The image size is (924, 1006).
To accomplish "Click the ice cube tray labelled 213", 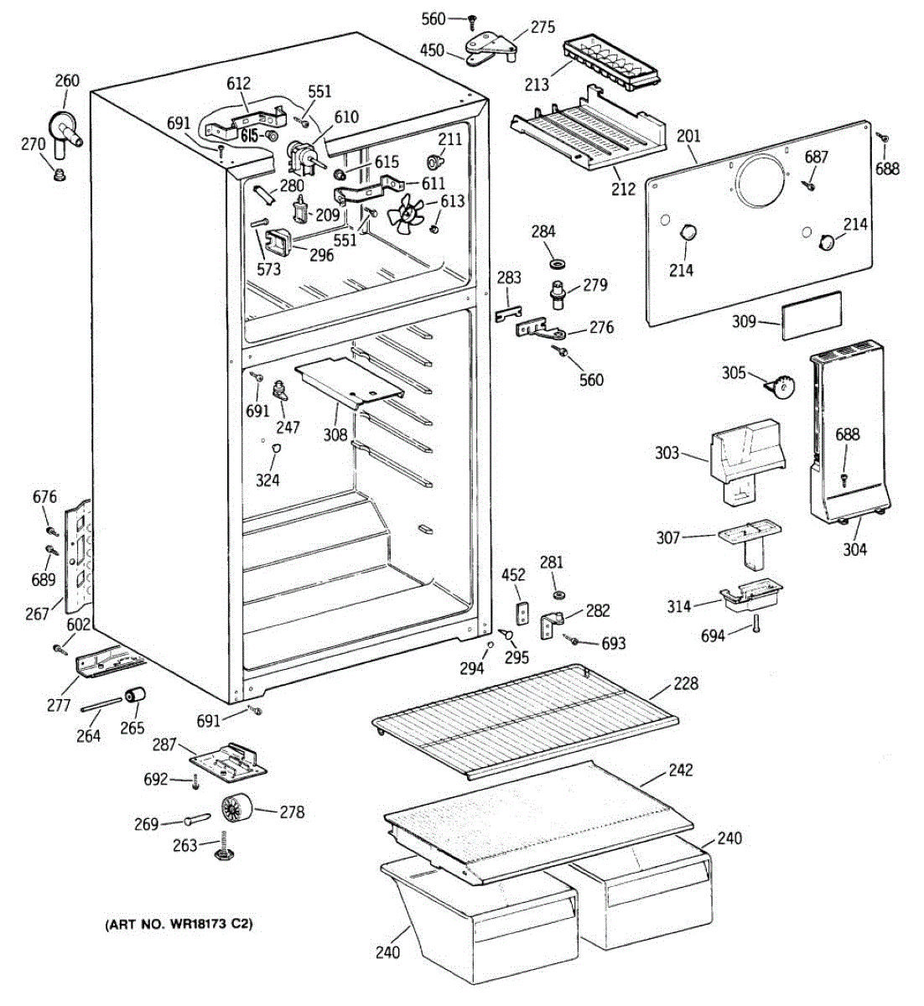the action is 611,63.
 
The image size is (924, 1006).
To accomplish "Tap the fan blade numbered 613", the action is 406,215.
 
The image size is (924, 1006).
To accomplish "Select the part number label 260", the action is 67,80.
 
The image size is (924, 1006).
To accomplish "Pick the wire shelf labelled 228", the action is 525,720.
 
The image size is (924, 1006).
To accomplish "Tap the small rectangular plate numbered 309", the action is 812,316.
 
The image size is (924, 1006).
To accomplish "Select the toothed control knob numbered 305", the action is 781,387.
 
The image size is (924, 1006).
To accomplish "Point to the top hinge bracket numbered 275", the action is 491,48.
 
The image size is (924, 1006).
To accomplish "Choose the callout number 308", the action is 335,434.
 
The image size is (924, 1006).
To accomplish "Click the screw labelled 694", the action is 756,624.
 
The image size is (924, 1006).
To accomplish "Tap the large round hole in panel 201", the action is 761,181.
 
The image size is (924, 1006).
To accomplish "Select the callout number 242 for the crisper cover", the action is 681,770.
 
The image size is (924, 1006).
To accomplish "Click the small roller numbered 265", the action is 135,696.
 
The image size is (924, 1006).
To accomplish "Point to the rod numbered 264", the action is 101,704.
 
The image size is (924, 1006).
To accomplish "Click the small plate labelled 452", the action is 522,614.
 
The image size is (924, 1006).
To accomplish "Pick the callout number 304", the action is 854,550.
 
